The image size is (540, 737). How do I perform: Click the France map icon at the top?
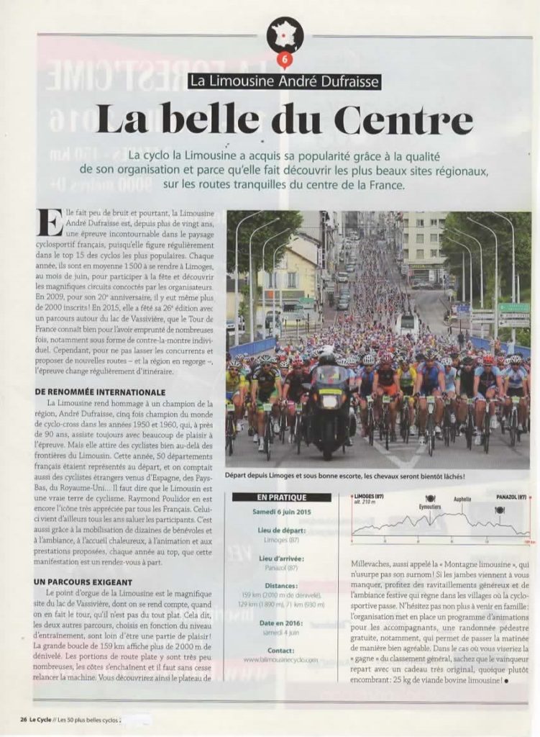(x=285, y=35)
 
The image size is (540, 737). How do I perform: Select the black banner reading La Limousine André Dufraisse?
(x=284, y=81)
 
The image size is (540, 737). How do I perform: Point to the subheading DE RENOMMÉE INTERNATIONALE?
(x=100, y=392)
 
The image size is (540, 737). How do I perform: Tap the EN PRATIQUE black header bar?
(x=281, y=497)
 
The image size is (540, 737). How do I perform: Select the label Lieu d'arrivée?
(x=281, y=558)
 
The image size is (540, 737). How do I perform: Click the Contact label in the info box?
(x=281, y=650)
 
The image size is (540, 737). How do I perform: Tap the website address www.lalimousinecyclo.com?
(x=281, y=659)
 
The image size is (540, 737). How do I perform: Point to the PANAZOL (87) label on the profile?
(x=511, y=497)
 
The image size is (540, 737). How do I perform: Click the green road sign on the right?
(x=514, y=307)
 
